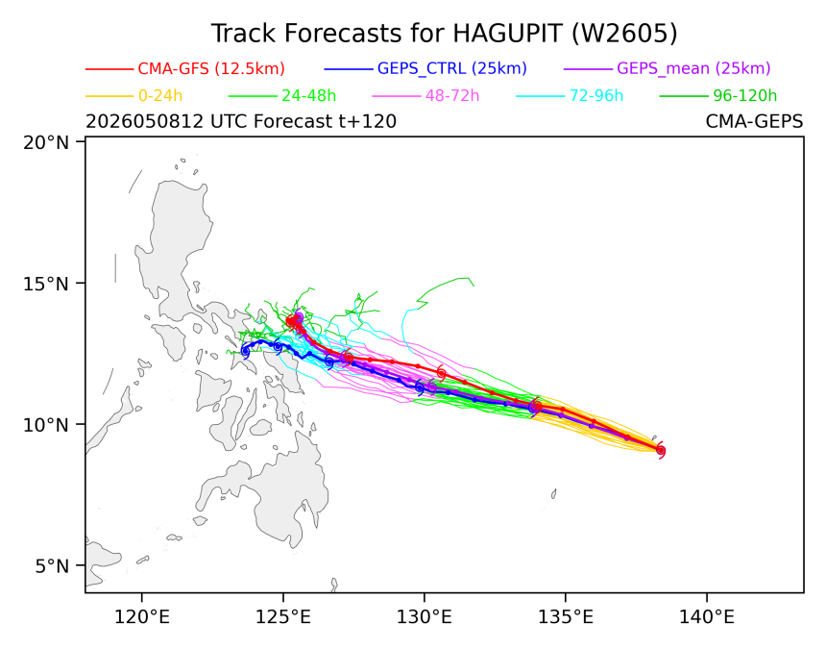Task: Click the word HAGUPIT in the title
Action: coord(508,34)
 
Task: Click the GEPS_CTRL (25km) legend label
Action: coord(452,68)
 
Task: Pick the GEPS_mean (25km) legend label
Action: coord(693,68)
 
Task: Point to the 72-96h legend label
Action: coord(596,96)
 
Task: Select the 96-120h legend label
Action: coord(745,96)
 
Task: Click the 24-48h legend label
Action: coord(308,96)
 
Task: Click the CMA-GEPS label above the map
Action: coord(754,121)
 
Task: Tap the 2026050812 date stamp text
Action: coord(144,121)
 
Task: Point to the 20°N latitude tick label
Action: coord(46,142)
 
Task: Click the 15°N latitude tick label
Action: coord(46,284)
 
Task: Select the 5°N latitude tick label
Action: coord(52,566)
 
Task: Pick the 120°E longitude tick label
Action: coord(142,616)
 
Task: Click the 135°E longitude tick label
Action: coord(566,616)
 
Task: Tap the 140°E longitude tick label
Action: coord(707,616)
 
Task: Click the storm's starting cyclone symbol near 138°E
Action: coord(661,451)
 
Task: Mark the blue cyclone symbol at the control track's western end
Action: coord(245,351)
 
